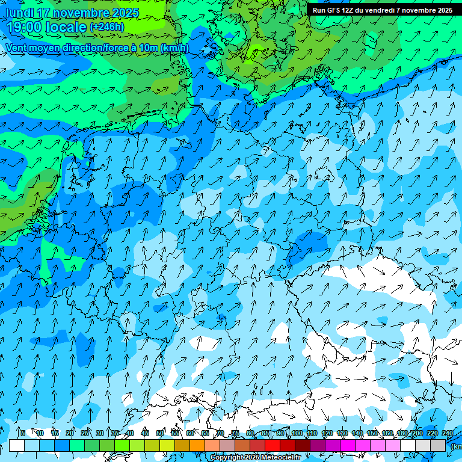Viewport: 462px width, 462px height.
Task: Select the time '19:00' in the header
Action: [28, 28]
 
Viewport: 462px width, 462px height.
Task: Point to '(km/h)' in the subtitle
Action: [174, 48]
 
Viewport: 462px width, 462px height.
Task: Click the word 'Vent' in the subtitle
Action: [17, 48]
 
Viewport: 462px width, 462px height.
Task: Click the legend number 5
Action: [23, 433]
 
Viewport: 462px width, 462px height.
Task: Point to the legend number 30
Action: [99, 433]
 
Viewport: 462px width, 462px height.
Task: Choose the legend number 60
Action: [190, 433]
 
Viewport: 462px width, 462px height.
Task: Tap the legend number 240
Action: [448, 433]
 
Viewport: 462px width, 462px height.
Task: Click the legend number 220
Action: [433, 433]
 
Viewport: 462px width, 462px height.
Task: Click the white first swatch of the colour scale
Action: [17, 445]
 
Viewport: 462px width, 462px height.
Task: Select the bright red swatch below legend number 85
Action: [273, 445]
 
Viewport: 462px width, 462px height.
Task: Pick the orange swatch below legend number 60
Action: [197, 445]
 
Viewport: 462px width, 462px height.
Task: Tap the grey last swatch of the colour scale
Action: [439, 445]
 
